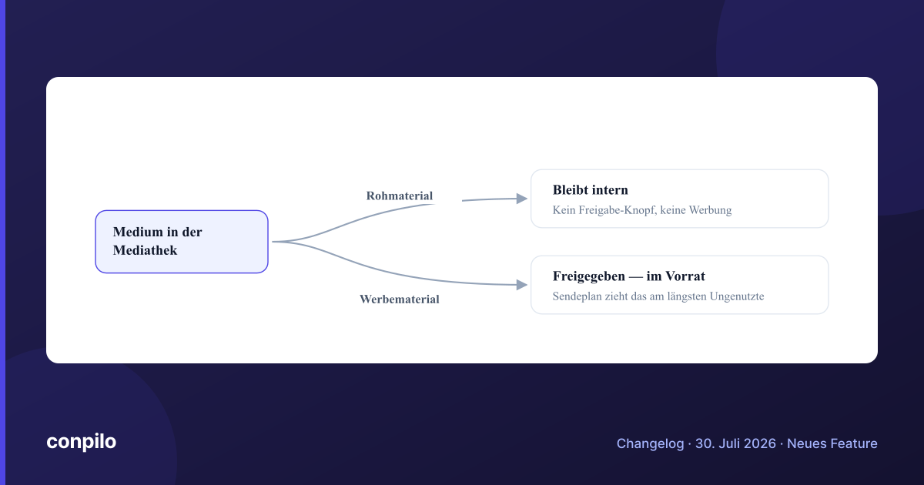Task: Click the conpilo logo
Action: pos(82,442)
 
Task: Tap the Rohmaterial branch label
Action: pos(400,196)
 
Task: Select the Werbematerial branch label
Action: pos(400,299)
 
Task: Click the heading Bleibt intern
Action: pos(591,189)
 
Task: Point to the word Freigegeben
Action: pos(588,276)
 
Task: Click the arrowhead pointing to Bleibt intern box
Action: pos(522,199)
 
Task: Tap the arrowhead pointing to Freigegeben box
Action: pos(522,285)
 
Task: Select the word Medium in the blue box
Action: pos(138,232)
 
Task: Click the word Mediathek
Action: pos(145,250)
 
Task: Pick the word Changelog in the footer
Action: pos(650,443)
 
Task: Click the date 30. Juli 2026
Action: pos(735,443)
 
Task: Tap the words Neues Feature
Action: pos(832,443)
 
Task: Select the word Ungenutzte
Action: pos(737,296)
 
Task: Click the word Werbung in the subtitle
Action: pos(710,210)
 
